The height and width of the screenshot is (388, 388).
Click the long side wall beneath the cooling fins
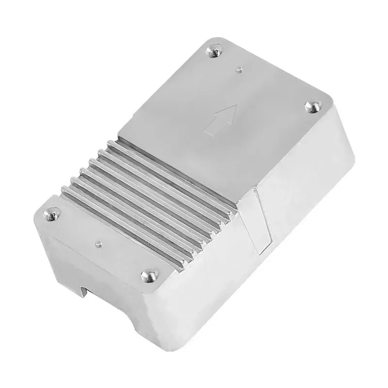204,272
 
